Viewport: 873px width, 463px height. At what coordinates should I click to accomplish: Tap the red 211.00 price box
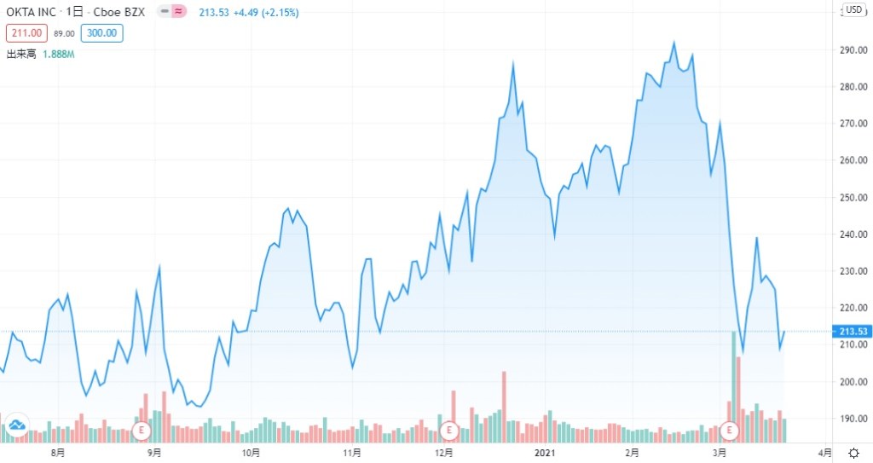pos(24,33)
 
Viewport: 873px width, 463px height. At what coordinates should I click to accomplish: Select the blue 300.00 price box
pos(102,33)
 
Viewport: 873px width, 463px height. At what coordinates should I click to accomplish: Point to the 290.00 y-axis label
pos(853,50)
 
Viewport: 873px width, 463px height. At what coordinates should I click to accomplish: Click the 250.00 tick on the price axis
pos(853,198)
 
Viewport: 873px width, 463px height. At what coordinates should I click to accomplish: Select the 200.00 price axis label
pos(853,382)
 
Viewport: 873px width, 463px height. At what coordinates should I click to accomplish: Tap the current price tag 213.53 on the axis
pos(853,331)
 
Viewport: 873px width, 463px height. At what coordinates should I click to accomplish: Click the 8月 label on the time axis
pos(57,452)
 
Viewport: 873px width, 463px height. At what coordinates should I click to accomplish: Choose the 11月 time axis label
pos(350,452)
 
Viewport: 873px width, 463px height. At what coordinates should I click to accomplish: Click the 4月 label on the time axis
pos(824,452)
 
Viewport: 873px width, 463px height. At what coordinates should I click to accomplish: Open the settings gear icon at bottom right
pos(853,452)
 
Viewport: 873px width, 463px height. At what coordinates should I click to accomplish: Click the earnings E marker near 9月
pos(142,430)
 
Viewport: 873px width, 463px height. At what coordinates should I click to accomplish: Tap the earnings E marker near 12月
pos(448,430)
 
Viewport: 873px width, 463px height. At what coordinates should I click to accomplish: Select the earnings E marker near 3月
pos(729,430)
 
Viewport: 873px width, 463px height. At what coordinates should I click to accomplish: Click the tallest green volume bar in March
pos(733,384)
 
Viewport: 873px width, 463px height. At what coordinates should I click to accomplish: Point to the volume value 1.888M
pos(59,54)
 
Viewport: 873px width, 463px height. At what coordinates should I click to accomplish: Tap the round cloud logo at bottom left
pos(17,425)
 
